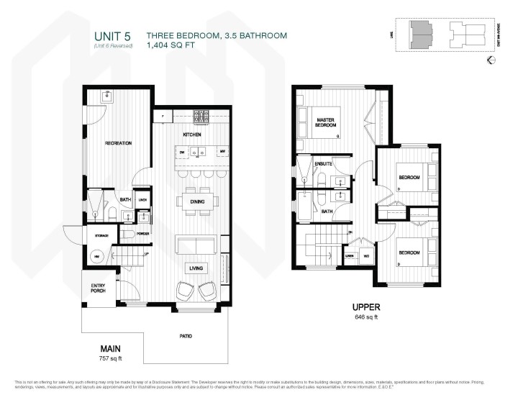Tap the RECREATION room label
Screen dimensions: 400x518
(x=118, y=143)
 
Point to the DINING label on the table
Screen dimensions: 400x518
(x=197, y=202)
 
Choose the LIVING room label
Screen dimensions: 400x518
(x=196, y=268)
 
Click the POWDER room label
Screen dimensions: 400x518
(x=142, y=233)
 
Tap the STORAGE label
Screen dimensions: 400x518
(x=100, y=236)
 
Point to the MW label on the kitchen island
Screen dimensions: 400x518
(x=223, y=153)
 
